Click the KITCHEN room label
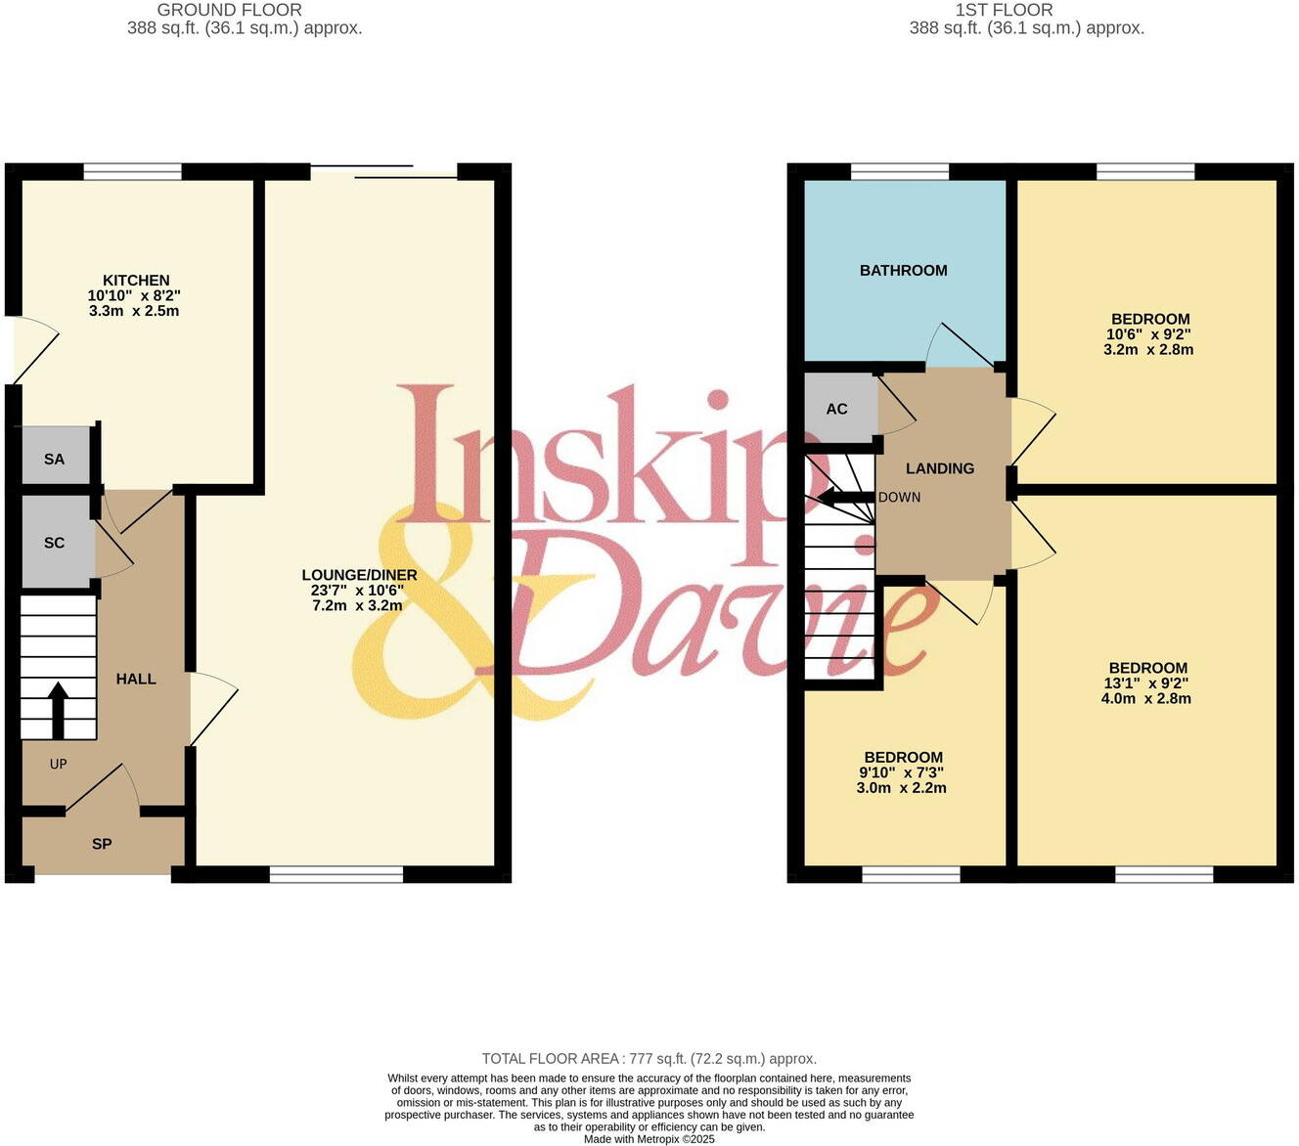point(136,281)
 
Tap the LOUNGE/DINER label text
point(359,575)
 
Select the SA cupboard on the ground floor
point(55,459)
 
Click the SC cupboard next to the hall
point(55,543)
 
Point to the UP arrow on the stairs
point(58,710)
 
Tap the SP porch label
point(102,844)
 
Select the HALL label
point(136,679)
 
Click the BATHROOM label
point(903,271)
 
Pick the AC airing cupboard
point(837,409)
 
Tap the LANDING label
point(939,468)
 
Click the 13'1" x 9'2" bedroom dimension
point(1147,683)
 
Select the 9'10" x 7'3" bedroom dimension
point(903,772)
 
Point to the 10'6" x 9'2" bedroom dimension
point(1149,333)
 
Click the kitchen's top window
point(133,172)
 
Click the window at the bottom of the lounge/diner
point(336,874)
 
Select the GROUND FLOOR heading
point(229,10)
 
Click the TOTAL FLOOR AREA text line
point(649,1058)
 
